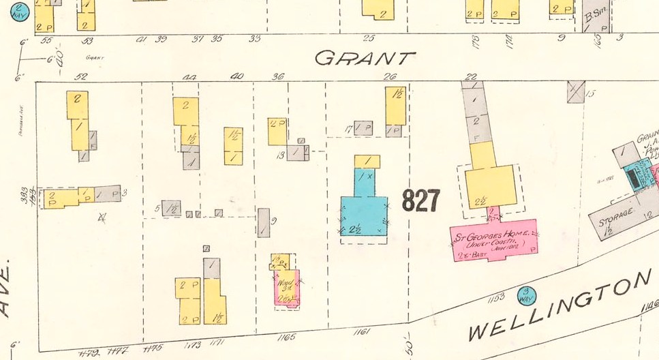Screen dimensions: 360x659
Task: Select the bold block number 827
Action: [x=421, y=200]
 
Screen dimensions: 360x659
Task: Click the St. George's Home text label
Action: [x=492, y=239]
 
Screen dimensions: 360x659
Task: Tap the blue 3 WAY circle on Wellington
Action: [x=527, y=295]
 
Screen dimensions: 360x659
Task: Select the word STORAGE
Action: [x=616, y=222]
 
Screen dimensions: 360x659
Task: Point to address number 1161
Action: [x=362, y=332]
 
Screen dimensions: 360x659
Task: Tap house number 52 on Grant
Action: [x=80, y=76]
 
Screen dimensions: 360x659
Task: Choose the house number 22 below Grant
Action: [x=470, y=76]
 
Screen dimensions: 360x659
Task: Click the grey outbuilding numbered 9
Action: [x=264, y=222]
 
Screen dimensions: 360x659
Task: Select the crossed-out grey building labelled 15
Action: [x=576, y=92]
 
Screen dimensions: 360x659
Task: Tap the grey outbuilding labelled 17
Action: [x=363, y=127]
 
